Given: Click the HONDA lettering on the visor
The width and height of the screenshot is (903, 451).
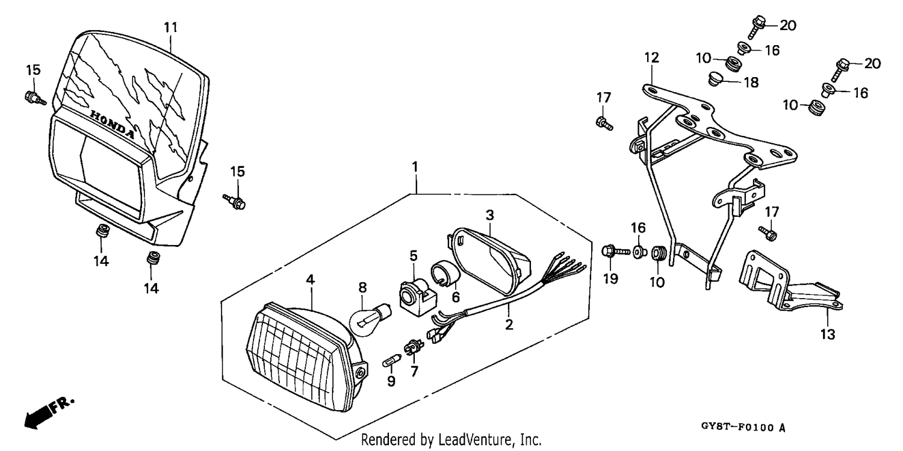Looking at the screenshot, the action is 113,125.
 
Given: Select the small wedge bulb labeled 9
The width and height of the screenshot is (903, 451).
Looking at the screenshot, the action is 391,360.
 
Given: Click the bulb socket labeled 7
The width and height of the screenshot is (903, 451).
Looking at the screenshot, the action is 414,347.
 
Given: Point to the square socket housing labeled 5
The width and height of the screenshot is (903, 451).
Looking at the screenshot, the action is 418,296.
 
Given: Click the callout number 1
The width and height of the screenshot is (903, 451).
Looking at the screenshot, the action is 415,166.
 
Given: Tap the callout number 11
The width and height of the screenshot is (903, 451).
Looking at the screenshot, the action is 170,28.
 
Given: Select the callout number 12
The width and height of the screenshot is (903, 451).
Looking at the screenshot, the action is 651,58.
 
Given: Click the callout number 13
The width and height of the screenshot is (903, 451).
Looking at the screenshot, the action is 828,334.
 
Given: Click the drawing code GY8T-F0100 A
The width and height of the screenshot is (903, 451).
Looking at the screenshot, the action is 743,427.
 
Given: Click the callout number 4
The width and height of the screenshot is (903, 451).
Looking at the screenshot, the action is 309,279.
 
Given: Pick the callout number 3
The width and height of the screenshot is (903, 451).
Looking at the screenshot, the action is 490,215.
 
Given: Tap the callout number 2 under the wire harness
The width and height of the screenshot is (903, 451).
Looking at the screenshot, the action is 509,325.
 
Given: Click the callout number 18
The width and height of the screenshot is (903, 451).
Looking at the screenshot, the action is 751,82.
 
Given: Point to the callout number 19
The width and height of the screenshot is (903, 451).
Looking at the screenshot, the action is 610,279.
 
